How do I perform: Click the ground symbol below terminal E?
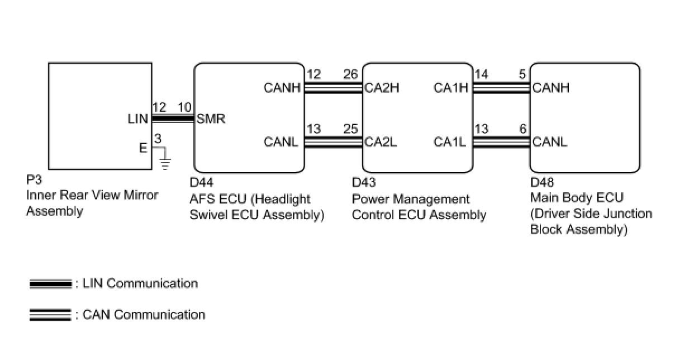[x=165, y=163]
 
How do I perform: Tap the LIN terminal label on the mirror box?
[x=137, y=119]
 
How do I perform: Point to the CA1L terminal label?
[x=449, y=142]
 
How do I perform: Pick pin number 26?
[x=351, y=74]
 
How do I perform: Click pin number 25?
[x=351, y=129]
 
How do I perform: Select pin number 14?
[x=481, y=74]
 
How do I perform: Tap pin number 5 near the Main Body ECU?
[x=522, y=74]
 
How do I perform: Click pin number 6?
[x=522, y=129]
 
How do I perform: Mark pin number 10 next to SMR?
[x=185, y=106]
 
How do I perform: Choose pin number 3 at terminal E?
[x=158, y=139]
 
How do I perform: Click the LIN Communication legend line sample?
[x=50, y=284]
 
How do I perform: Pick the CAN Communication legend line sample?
[x=50, y=315]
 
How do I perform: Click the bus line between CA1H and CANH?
[x=501, y=87]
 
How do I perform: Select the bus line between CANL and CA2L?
[x=334, y=142]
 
